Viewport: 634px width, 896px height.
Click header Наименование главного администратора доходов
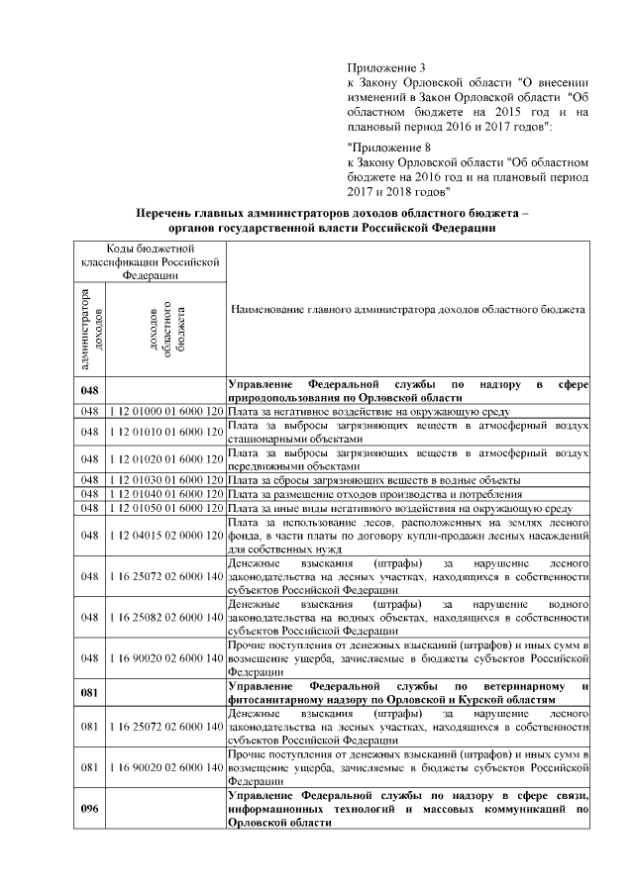pyautogui.click(x=407, y=310)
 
